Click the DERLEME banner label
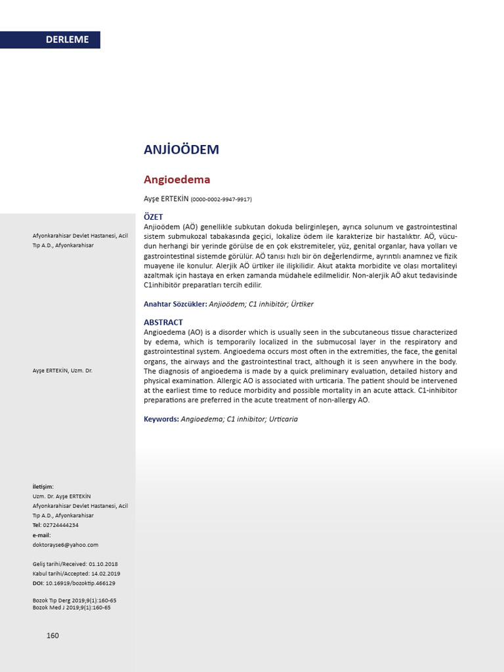(x=67, y=39)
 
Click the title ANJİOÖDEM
(x=181, y=150)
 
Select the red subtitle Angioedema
(x=177, y=179)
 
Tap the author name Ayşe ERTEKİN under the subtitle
(x=165, y=199)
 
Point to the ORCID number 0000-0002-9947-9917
(x=221, y=199)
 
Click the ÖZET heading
(x=153, y=217)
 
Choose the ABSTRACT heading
(x=163, y=322)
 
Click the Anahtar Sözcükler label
(x=175, y=304)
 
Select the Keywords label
(x=161, y=419)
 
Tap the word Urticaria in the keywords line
(x=279, y=419)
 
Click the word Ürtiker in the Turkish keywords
(x=303, y=304)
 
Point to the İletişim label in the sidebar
(x=43, y=486)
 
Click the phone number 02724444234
(x=60, y=525)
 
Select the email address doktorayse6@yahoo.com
(x=65, y=545)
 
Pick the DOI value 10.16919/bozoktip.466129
(x=80, y=583)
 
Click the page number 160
(x=52, y=635)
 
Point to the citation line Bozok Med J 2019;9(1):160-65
(x=72, y=608)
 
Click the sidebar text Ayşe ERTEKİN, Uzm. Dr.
(x=62, y=371)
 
